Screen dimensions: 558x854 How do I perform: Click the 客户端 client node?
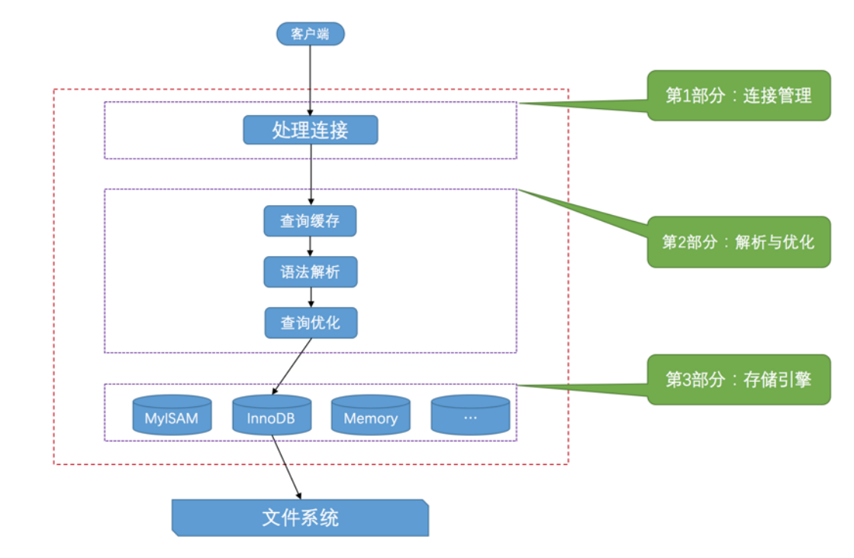tap(310, 34)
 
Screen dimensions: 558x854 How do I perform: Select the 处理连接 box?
tap(310, 130)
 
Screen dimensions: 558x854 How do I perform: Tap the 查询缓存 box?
tap(310, 221)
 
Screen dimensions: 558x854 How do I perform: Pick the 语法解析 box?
tap(310, 272)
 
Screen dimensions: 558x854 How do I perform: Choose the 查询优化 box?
tap(311, 322)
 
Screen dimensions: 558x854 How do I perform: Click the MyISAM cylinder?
tap(172, 415)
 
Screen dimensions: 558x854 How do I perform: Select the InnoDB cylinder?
tap(271, 415)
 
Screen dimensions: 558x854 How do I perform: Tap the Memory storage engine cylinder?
tap(370, 415)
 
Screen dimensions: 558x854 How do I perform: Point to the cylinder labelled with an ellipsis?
tap(470, 415)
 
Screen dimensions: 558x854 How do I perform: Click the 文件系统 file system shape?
tap(300, 518)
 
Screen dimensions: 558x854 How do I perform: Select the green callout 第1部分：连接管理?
tap(738, 96)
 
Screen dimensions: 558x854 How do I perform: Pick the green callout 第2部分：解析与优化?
tap(738, 242)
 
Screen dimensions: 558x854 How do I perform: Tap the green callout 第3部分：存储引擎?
tap(738, 380)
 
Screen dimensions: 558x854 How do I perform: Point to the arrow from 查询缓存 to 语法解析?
tap(310, 245)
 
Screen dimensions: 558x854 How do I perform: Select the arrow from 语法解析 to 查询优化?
tap(310, 297)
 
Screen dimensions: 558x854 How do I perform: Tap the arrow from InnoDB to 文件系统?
tap(286, 467)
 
